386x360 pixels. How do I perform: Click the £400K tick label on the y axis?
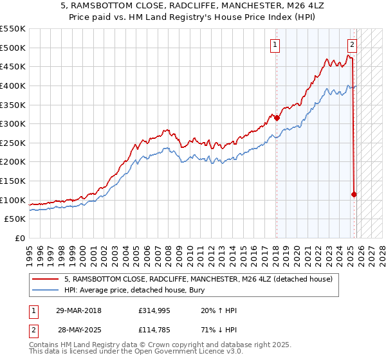pyautogui.click(x=13, y=85)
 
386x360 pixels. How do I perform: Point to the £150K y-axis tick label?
pyautogui.click(x=13, y=181)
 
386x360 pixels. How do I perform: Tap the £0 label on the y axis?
pyautogui.click(x=21, y=238)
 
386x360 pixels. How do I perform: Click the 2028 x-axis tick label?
pyautogui.click(x=381, y=251)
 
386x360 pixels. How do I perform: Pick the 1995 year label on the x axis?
pyautogui.click(x=30, y=251)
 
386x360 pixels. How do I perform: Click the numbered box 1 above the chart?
pyautogui.click(x=275, y=45)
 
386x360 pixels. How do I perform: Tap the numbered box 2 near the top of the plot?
pyautogui.click(x=353, y=45)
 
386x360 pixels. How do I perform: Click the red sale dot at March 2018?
pyautogui.click(x=277, y=118)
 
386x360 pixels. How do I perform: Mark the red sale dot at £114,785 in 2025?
pyautogui.click(x=354, y=194)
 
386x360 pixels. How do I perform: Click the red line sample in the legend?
pyautogui.click(x=46, y=279)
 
